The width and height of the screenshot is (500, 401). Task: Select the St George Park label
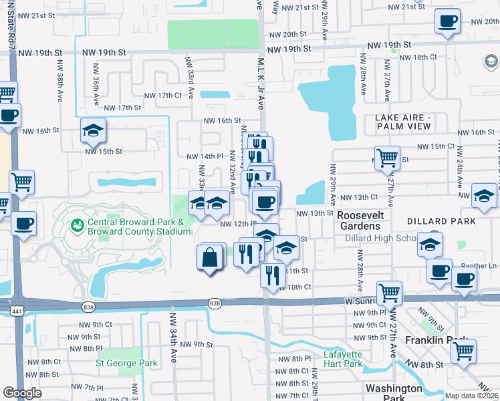pyautogui.click(x=127, y=364)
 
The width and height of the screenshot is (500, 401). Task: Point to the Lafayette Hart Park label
pyautogui.click(x=343, y=359)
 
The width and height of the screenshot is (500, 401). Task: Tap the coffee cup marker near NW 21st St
pyautogui.click(x=447, y=21)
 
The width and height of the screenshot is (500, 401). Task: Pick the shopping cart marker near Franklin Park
pyautogui.click(x=463, y=350)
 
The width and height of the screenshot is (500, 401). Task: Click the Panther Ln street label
pyautogui.click(x=479, y=265)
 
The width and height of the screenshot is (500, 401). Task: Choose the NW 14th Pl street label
pyautogui.click(x=204, y=156)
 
